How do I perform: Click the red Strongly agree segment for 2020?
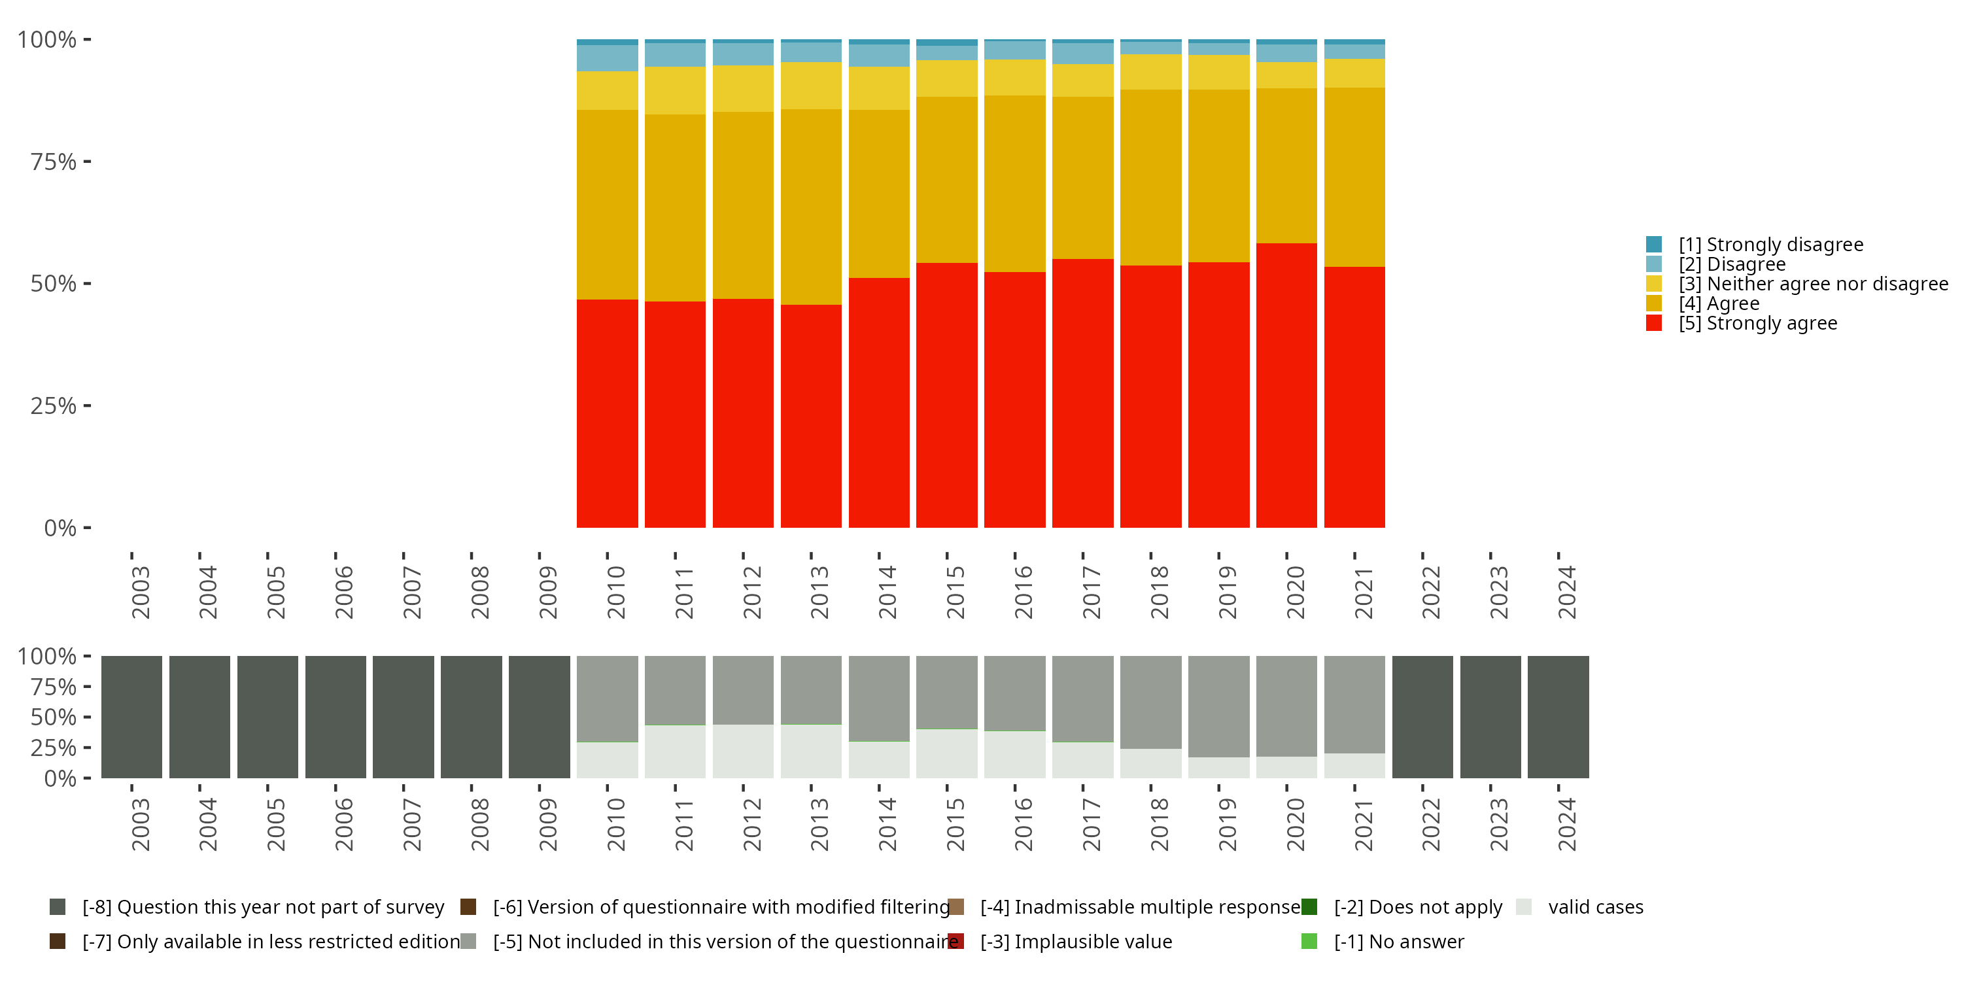[x=1286, y=385]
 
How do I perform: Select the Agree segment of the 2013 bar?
[x=811, y=207]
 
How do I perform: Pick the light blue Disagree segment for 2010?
[x=607, y=58]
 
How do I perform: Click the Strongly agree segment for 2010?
[x=607, y=413]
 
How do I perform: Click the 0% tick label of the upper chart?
[x=60, y=528]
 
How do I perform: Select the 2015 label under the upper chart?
[x=955, y=592]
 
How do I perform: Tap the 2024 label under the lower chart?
[x=1567, y=824]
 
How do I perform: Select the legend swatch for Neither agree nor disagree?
[x=1653, y=283]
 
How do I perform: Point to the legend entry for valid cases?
[x=1595, y=906]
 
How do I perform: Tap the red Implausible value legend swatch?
[x=956, y=941]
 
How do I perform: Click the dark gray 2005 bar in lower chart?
[x=267, y=717]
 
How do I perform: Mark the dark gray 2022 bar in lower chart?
[x=1422, y=717]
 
